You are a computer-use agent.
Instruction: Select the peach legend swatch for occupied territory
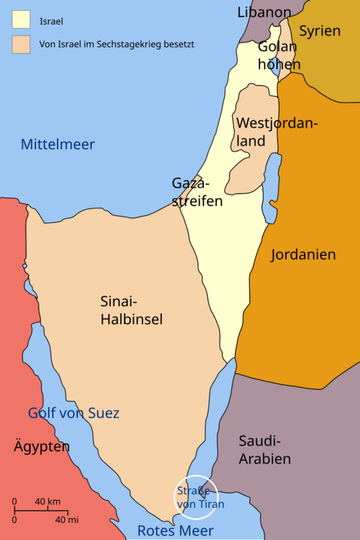tap(20, 44)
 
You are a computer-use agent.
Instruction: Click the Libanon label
tap(264, 12)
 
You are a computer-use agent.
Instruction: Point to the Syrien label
tap(319, 30)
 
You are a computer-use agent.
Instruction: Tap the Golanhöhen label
tap(278, 55)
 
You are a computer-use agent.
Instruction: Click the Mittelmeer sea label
tap(57, 144)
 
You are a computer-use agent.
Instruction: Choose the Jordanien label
tap(303, 254)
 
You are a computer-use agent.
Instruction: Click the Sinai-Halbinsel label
tap(131, 310)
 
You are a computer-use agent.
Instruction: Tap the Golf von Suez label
tap(74, 413)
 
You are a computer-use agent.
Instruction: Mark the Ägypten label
tap(41, 446)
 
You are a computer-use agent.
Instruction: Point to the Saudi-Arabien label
tap(264, 450)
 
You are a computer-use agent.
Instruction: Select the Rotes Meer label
tap(175, 531)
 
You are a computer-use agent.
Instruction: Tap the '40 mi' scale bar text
tap(67, 520)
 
